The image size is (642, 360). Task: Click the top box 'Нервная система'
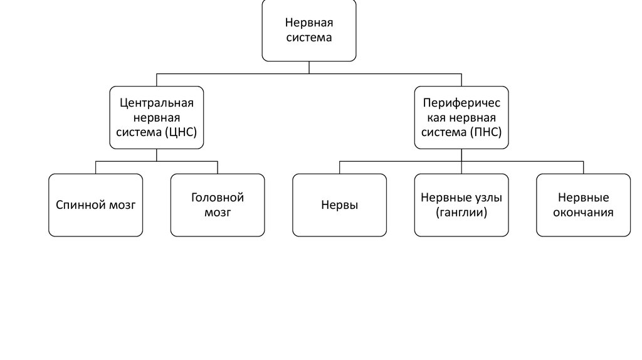click(x=308, y=30)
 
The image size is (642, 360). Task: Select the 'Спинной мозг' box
click(x=95, y=205)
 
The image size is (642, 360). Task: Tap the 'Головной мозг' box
click(x=218, y=205)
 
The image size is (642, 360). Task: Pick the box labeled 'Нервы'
click(x=339, y=205)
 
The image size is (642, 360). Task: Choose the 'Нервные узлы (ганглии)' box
click(x=461, y=205)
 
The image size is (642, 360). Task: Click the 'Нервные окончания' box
click(x=583, y=205)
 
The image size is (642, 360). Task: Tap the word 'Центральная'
click(x=156, y=102)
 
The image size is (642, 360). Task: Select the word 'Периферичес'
click(x=461, y=102)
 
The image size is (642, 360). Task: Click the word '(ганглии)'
click(x=461, y=213)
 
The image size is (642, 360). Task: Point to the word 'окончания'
click(x=583, y=213)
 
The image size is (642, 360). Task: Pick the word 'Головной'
click(x=218, y=198)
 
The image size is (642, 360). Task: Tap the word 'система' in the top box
click(x=308, y=38)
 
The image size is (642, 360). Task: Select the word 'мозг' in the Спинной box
click(x=121, y=205)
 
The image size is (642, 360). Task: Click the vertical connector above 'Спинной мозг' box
click(x=95, y=167)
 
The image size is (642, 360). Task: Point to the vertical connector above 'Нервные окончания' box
click(x=583, y=167)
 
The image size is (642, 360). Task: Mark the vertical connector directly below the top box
click(x=308, y=67)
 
